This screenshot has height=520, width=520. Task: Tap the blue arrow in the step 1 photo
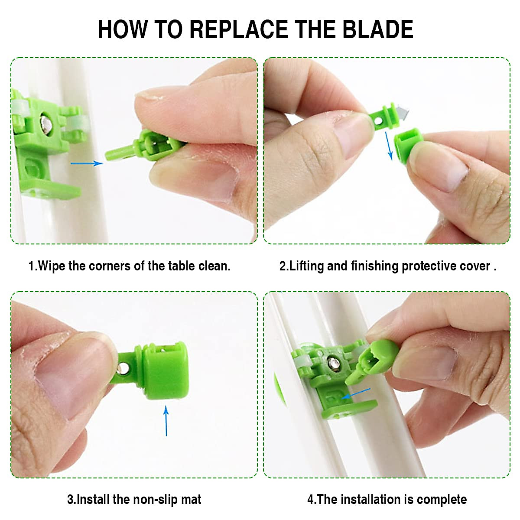click(87, 163)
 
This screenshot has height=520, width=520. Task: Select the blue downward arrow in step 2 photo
click(389, 146)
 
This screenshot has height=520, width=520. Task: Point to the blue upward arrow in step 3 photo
click(166, 421)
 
